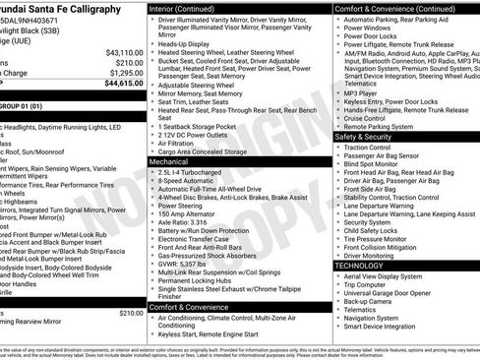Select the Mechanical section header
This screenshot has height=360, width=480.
coord(177,160)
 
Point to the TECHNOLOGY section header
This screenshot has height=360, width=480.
coord(359,266)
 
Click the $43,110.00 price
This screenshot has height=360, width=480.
coord(125,52)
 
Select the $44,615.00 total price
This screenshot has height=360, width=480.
coord(124,85)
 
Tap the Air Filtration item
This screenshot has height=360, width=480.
coord(182,142)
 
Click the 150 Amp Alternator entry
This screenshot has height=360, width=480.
coord(192,211)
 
